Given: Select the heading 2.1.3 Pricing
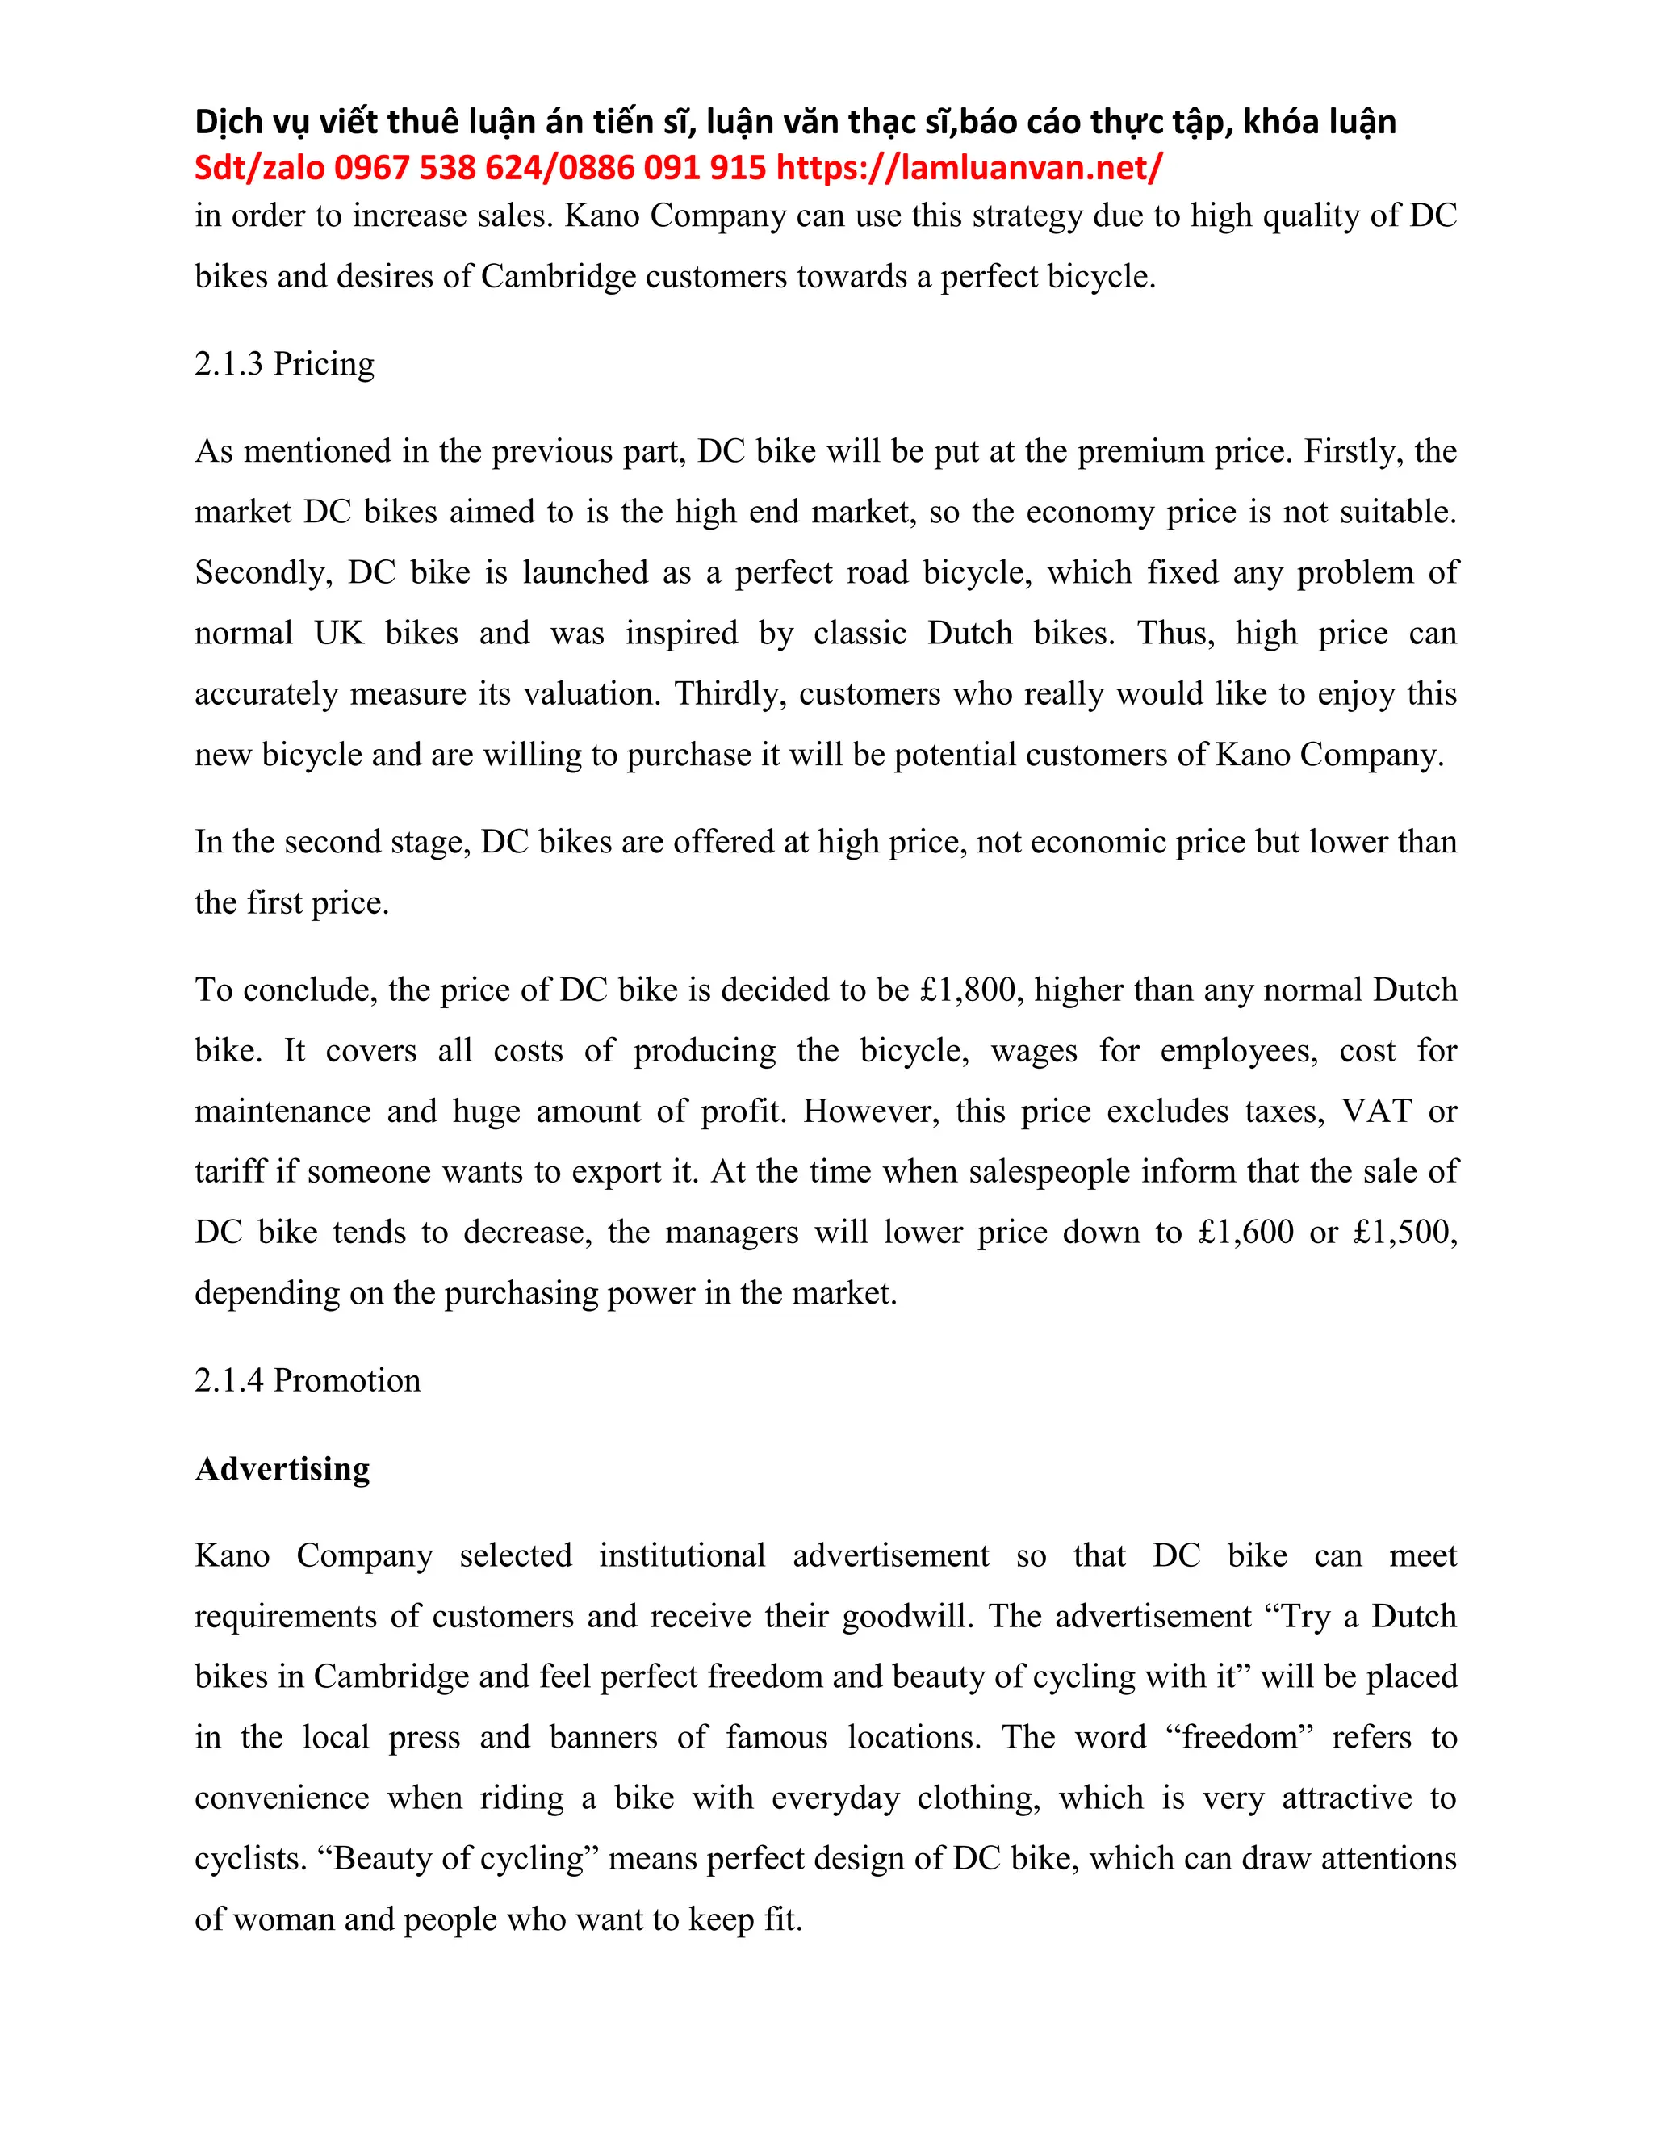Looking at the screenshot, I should click(x=284, y=363).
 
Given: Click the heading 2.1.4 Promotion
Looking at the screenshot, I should click(x=307, y=1380).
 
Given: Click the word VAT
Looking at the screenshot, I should click(x=1377, y=1111).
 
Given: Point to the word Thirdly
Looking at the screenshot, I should click(x=730, y=694).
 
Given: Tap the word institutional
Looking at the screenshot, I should click(x=683, y=1556).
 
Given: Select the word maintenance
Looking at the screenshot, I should click(x=282, y=1111).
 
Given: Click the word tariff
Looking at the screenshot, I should click(x=230, y=1172).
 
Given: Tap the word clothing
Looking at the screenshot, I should click(x=978, y=1799).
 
